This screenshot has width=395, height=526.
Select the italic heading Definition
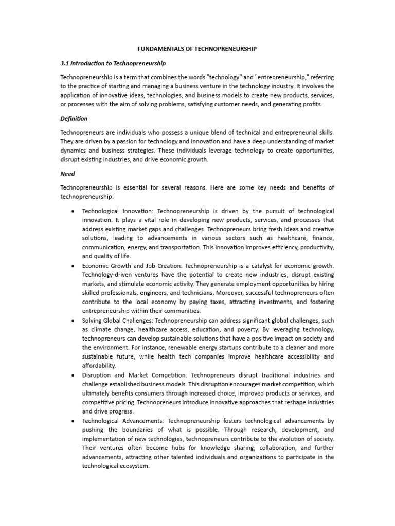(74, 119)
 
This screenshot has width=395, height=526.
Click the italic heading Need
(67, 174)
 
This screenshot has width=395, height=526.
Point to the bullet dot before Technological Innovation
(74, 212)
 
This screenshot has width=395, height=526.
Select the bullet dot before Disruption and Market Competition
(74, 375)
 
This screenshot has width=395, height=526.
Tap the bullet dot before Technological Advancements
(74, 421)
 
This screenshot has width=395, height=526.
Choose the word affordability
(99, 366)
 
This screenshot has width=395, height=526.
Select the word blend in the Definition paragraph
(217, 133)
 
